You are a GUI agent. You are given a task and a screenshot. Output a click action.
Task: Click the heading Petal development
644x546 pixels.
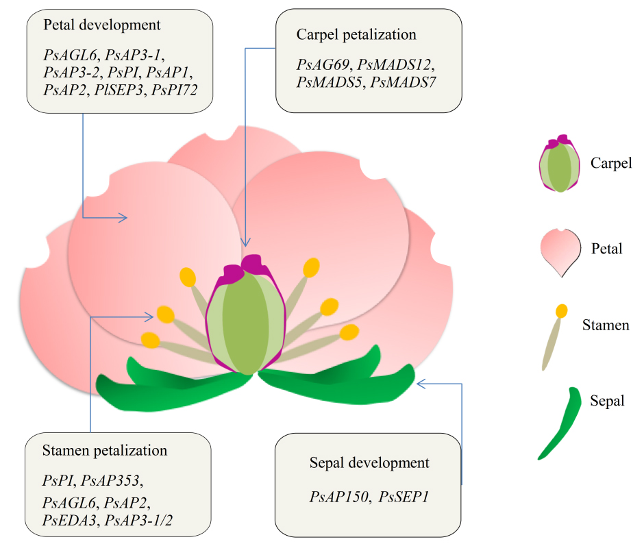coord(102,25)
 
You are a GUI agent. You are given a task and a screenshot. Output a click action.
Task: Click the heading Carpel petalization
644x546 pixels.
coord(356,34)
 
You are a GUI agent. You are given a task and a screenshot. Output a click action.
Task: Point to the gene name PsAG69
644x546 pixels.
coord(322,65)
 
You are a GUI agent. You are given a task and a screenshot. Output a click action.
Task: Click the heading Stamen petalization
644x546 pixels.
coord(105,450)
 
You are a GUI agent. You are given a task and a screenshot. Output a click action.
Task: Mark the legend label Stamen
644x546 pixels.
coord(605,325)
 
